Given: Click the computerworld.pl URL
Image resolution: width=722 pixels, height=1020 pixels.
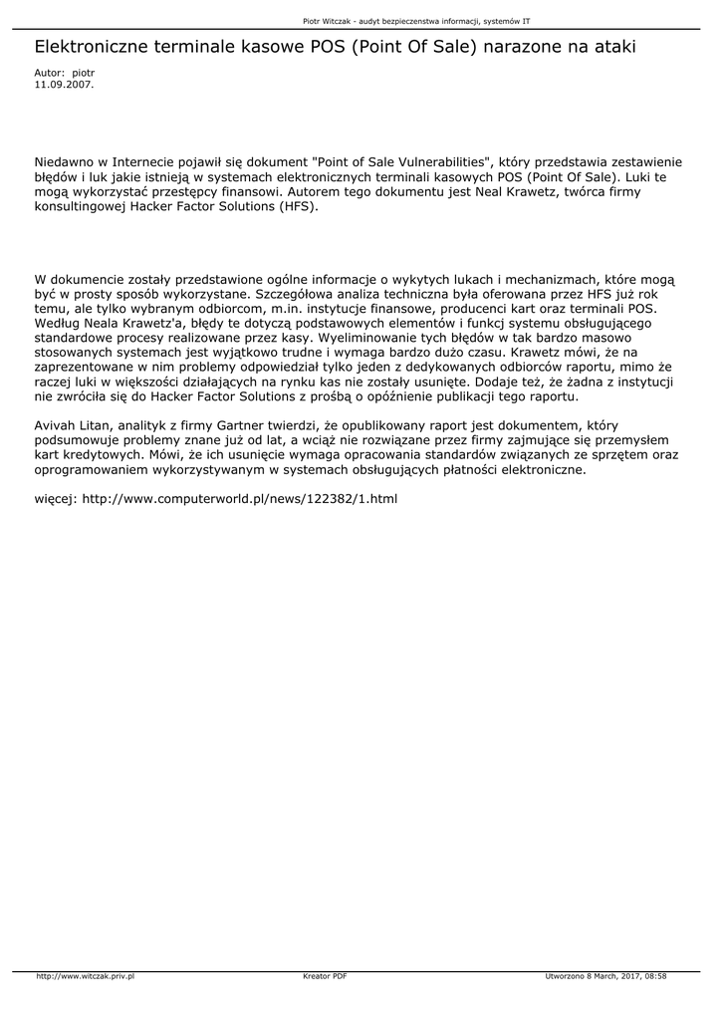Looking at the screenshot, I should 239,498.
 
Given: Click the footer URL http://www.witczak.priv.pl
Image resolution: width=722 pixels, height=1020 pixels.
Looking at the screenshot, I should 85,976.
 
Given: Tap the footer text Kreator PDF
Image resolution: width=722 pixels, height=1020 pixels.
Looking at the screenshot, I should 325,976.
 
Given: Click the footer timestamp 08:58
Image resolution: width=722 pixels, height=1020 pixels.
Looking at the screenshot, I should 655,976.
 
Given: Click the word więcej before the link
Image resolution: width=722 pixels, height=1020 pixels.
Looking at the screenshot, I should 56,498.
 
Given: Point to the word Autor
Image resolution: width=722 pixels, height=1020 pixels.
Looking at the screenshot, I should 49,74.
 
